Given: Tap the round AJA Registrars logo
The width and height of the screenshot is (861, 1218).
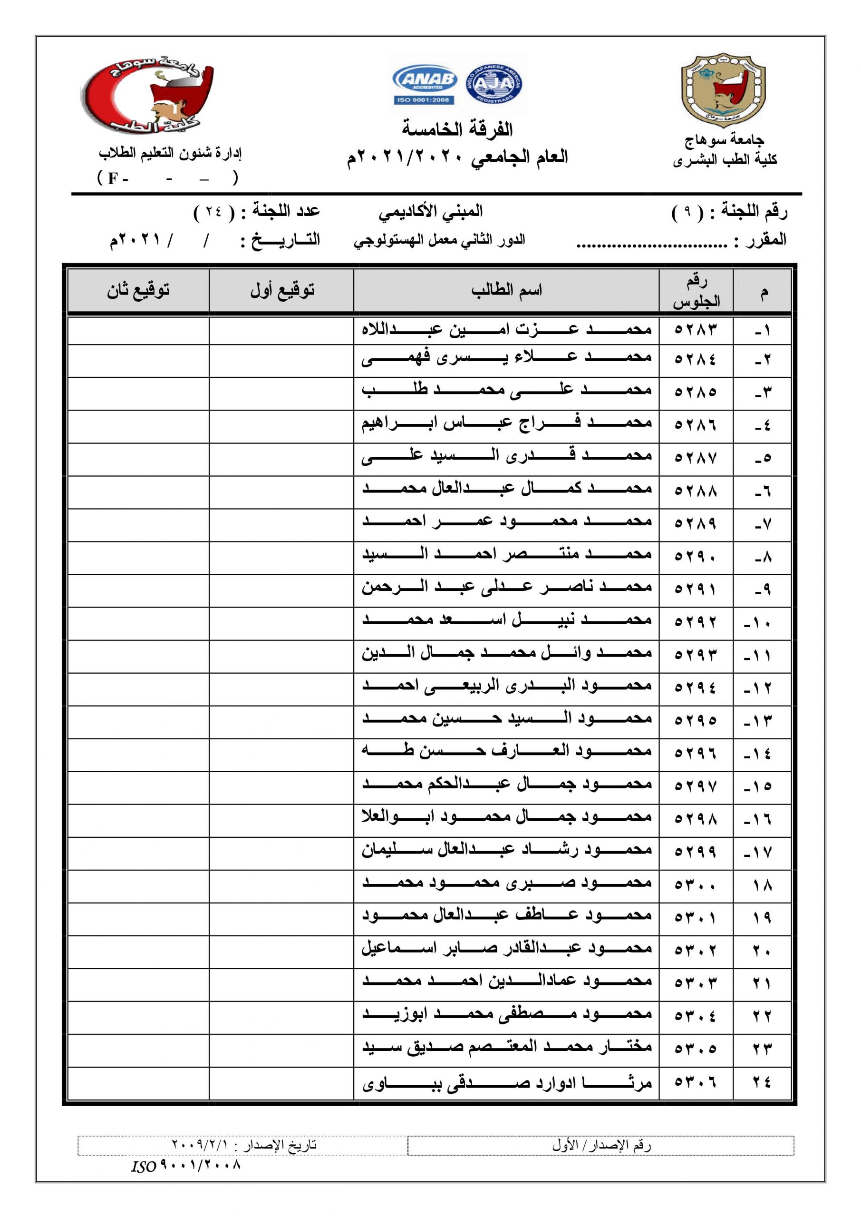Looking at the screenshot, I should tap(493, 83).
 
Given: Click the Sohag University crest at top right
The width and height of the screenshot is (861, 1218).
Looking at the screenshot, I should tap(723, 90).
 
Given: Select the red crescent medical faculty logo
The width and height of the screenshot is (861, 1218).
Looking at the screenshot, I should tap(147, 98).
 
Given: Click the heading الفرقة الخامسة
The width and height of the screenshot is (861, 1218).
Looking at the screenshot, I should tap(456, 129).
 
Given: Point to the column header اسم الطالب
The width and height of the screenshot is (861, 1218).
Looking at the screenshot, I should tap(506, 290).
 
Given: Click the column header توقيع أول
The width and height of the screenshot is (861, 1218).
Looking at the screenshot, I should tap(282, 290).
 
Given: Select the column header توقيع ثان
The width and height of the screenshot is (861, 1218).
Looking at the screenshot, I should tap(138, 290).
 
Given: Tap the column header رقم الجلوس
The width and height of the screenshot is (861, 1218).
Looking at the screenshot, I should tap(696, 291).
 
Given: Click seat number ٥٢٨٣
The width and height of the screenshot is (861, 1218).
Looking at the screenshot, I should tap(695, 330).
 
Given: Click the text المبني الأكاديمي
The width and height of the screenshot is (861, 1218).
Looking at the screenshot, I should tap(431, 212).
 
